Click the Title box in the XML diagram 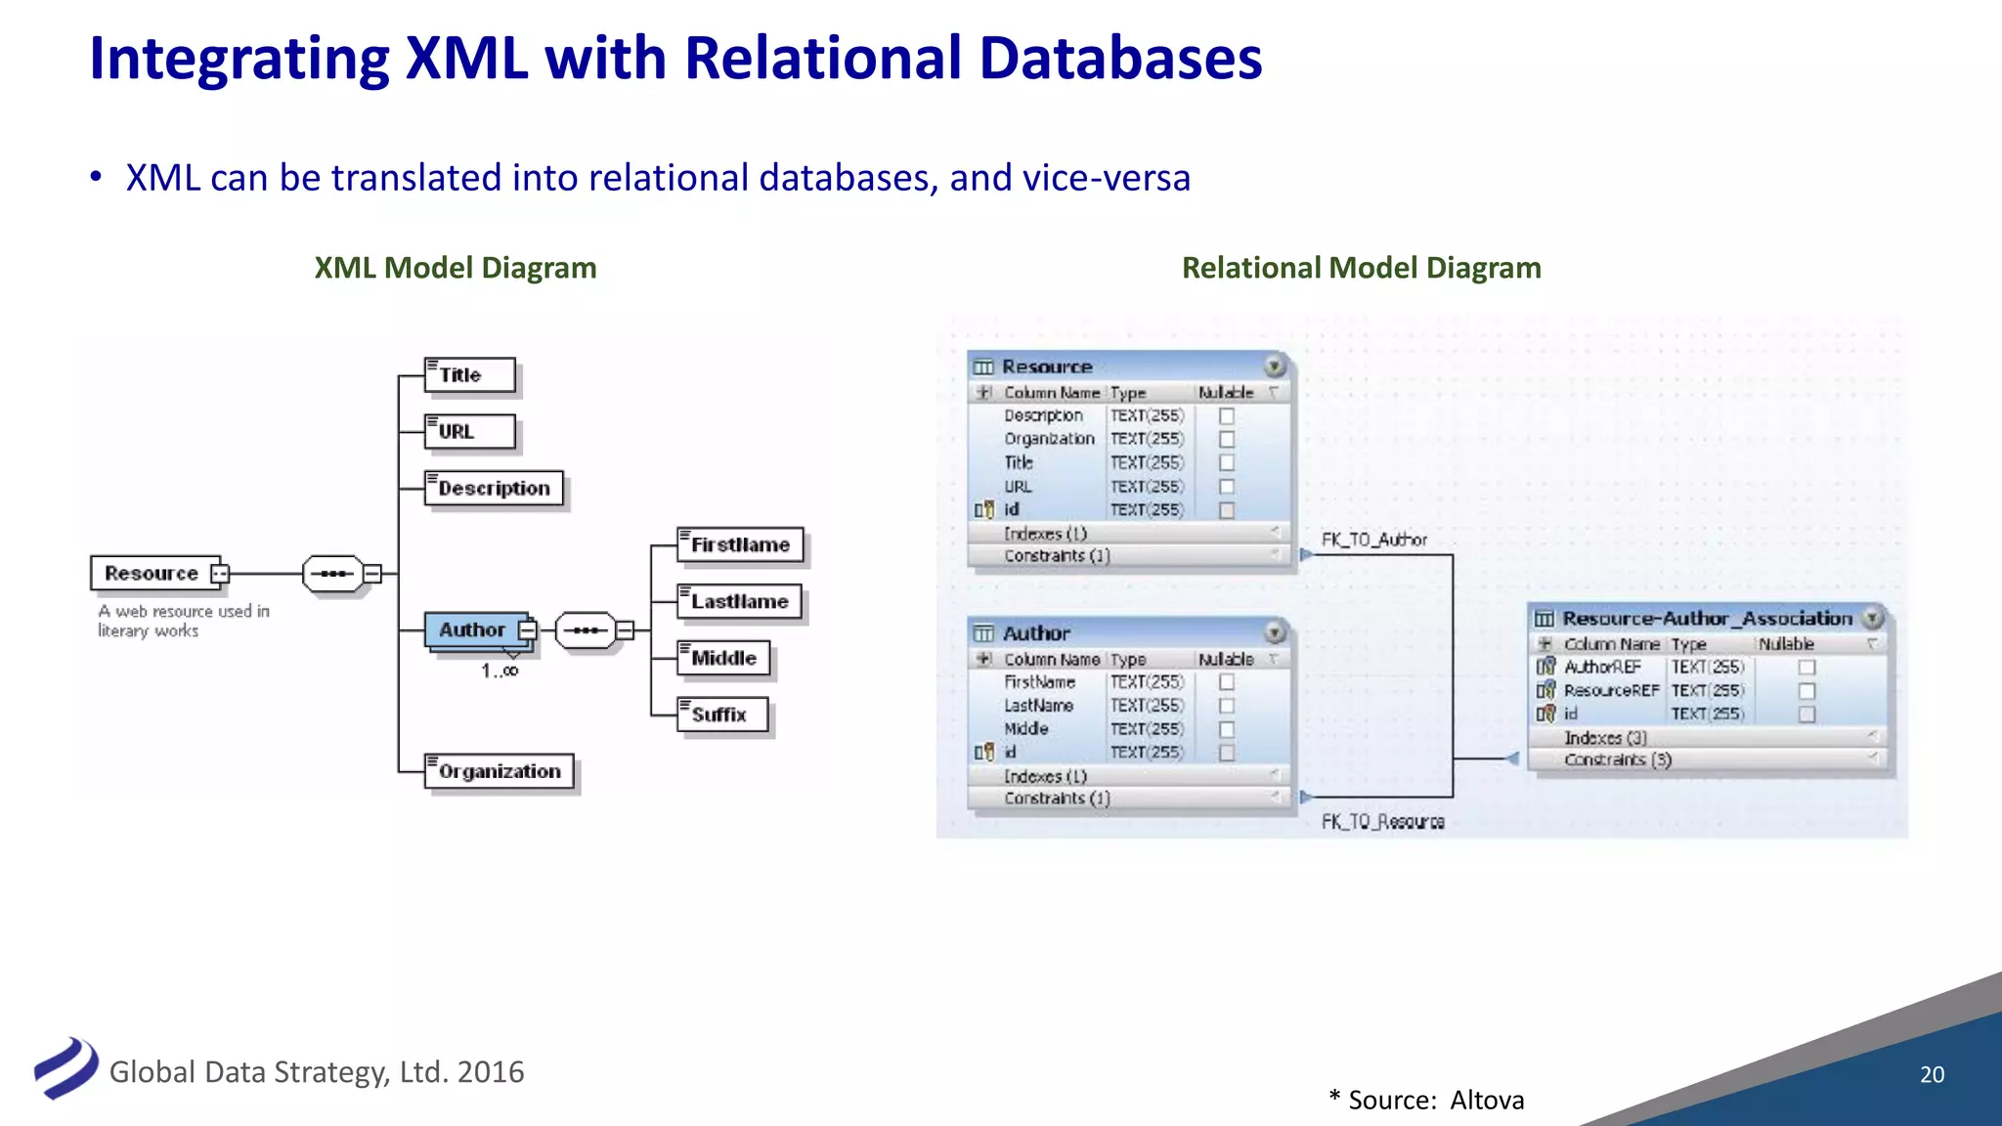[x=469, y=375]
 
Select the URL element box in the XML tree [x=469, y=432]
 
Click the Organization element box [x=500, y=771]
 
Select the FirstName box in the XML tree [x=740, y=545]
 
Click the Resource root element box [x=153, y=574]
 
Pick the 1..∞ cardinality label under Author [x=500, y=671]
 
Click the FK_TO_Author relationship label [x=1373, y=541]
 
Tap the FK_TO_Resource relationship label [x=1382, y=822]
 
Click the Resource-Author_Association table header [x=1706, y=619]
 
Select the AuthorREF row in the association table [x=1602, y=668]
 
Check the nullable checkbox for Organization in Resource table [x=1227, y=440]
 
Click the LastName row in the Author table [x=1039, y=706]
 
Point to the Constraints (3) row [x=1618, y=760]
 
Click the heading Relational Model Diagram [x=1361, y=268]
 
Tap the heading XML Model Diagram [x=456, y=268]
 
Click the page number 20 [x=1932, y=1074]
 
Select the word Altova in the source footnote [x=1487, y=1101]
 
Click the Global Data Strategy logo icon [x=65, y=1068]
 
